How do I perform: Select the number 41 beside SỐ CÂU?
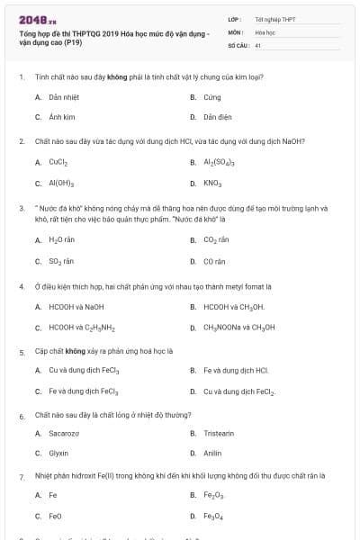258,43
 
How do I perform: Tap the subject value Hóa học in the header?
265,31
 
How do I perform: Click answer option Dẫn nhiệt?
61,96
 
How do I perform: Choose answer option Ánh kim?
60,117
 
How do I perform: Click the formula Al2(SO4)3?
219,163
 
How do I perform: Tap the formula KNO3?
212,184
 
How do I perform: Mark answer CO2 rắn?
217,240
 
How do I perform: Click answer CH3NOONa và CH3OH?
238,328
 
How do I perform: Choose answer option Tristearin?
220,434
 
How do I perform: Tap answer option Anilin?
212,453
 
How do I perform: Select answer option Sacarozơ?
64,434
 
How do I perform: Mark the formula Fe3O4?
214,516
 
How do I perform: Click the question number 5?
21,352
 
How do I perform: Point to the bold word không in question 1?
116,77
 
